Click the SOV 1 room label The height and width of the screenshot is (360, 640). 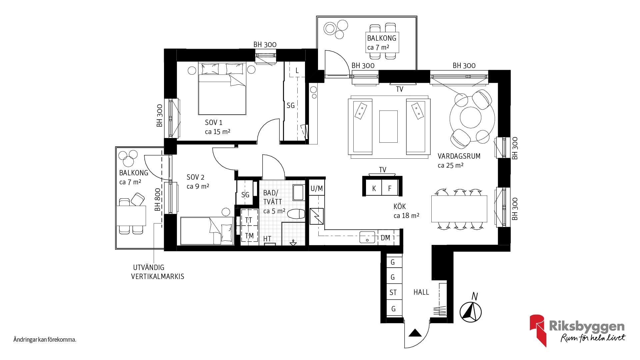click(214, 122)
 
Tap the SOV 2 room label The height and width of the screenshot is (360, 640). click(195, 177)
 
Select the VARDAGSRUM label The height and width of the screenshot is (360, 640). click(459, 156)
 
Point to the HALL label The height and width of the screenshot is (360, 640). click(421, 292)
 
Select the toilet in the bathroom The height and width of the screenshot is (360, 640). click(296, 214)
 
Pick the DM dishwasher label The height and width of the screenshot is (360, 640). click(385, 238)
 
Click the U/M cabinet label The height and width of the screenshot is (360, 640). click(316, 189)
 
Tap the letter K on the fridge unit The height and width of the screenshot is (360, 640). click(374, 189)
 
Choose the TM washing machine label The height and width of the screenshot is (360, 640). click(249, 236)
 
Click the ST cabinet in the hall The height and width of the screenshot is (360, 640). click(393, 292)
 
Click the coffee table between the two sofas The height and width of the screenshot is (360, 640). click(388, 126)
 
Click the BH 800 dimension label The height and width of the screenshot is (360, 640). click(158, 200)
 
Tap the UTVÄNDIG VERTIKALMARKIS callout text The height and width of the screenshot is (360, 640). click(157, 272)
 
